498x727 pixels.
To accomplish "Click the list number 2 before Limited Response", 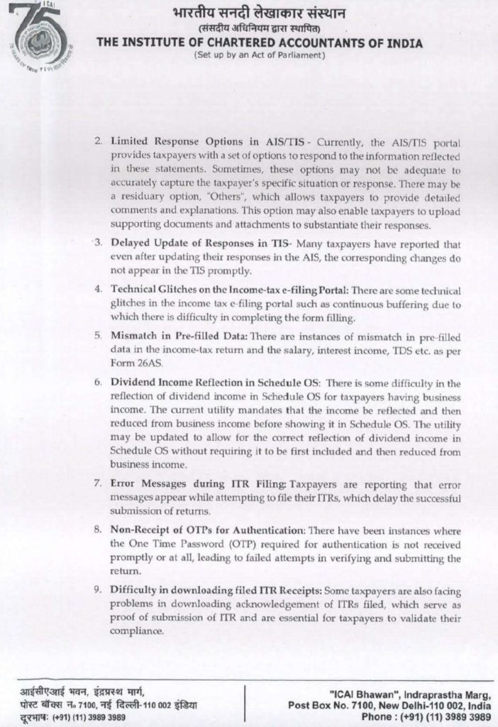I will coord(98,142).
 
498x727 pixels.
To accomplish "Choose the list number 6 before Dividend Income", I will coord(98,382).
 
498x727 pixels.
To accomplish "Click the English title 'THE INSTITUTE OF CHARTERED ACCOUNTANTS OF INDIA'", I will coord(259,44).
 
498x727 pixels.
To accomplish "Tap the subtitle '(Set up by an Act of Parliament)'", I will coord(259,56).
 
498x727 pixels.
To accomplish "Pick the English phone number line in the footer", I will coord(425,718).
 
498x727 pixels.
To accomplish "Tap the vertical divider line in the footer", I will coord(245,704).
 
